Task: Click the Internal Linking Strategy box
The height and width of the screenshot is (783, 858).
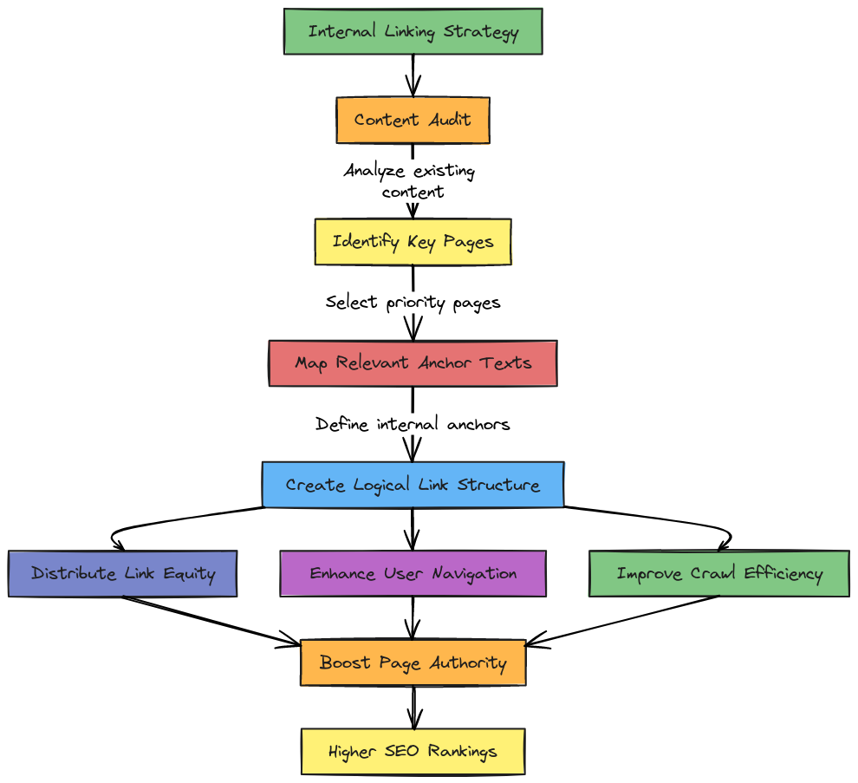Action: point(413,32)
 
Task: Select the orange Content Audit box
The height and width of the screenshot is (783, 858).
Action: point(413,120)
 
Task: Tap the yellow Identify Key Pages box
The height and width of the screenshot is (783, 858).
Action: point(413,241)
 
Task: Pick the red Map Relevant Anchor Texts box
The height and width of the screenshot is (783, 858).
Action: point(413,362)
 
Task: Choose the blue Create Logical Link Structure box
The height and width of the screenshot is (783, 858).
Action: point(413,485)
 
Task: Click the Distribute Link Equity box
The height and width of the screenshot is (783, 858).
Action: point(122,573)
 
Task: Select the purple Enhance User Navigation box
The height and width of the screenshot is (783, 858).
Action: point(413,573)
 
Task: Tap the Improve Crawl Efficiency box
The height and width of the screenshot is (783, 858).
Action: point(718,573)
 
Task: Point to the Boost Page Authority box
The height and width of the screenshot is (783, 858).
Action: point(413,662)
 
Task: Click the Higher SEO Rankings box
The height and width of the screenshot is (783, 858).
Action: point(413,751)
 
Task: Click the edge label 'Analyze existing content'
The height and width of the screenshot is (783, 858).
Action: point(409,180)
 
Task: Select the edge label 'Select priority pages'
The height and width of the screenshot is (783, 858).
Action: point(413,303)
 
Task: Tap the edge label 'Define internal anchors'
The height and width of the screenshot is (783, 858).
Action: point(413,424)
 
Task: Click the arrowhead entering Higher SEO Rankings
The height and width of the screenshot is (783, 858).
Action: point(413,721)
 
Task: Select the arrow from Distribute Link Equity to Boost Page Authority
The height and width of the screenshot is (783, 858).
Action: point(208,620)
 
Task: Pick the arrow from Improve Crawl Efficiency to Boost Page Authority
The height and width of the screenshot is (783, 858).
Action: point(624,620)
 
